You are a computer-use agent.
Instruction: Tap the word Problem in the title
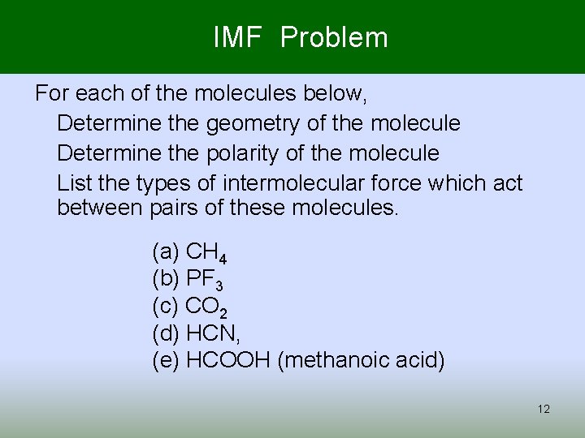click(334, 37)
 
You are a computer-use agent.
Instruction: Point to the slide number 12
click(544, 409)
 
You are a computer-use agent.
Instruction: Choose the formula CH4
click(206, 252)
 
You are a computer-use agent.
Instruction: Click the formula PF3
click(205, 279)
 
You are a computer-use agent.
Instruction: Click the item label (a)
click(167, 252)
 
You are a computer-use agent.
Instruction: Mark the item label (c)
click(166, 307)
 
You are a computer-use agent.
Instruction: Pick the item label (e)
click(167, 360)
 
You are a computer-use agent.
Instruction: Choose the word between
click(102, 208)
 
